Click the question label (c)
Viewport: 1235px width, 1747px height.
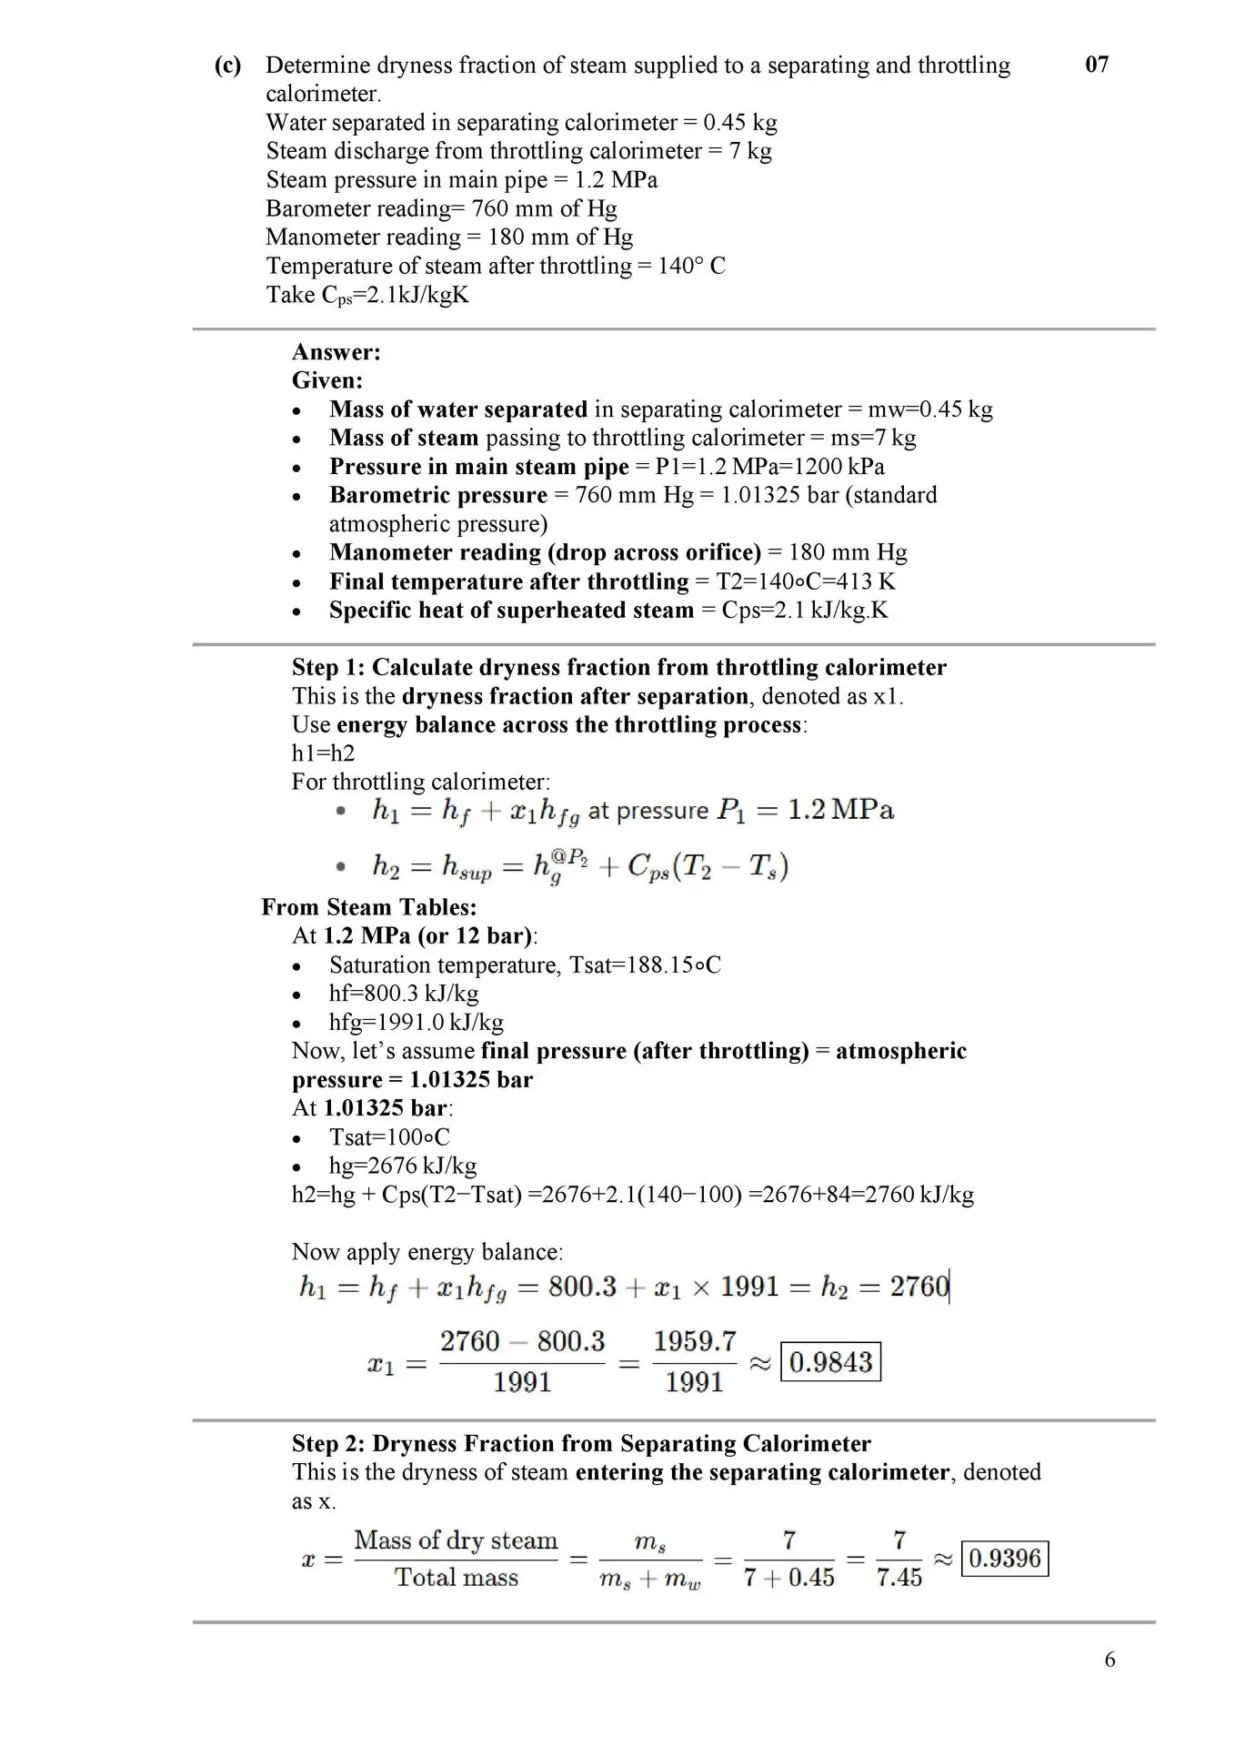coord(228,66)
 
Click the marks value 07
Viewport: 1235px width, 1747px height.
coord(1097,65)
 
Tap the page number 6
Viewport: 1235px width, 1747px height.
coord(1109,1660)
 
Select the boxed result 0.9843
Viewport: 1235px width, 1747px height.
coord(831,1362)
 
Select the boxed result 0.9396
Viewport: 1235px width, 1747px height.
coord(1004,1559)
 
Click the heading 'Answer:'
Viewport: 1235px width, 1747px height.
coord(336,352)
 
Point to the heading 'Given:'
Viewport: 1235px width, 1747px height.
coord(326,380)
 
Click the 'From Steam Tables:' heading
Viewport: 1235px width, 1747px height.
coord(368,907)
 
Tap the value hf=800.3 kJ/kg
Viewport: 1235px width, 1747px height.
coord(403,994)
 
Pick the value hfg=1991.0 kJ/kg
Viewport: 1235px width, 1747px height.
coord(416,1022)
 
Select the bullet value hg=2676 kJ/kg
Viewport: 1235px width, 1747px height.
coord(402,1166)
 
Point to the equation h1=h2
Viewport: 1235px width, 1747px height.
coord(323,753)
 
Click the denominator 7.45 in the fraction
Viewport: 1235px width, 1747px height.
coord(899,1578)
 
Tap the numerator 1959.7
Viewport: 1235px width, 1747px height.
coord(694,1341)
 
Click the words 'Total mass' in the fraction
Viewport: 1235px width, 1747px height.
coord(456,1578)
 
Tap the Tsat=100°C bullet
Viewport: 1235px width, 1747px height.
coord(389,1137)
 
